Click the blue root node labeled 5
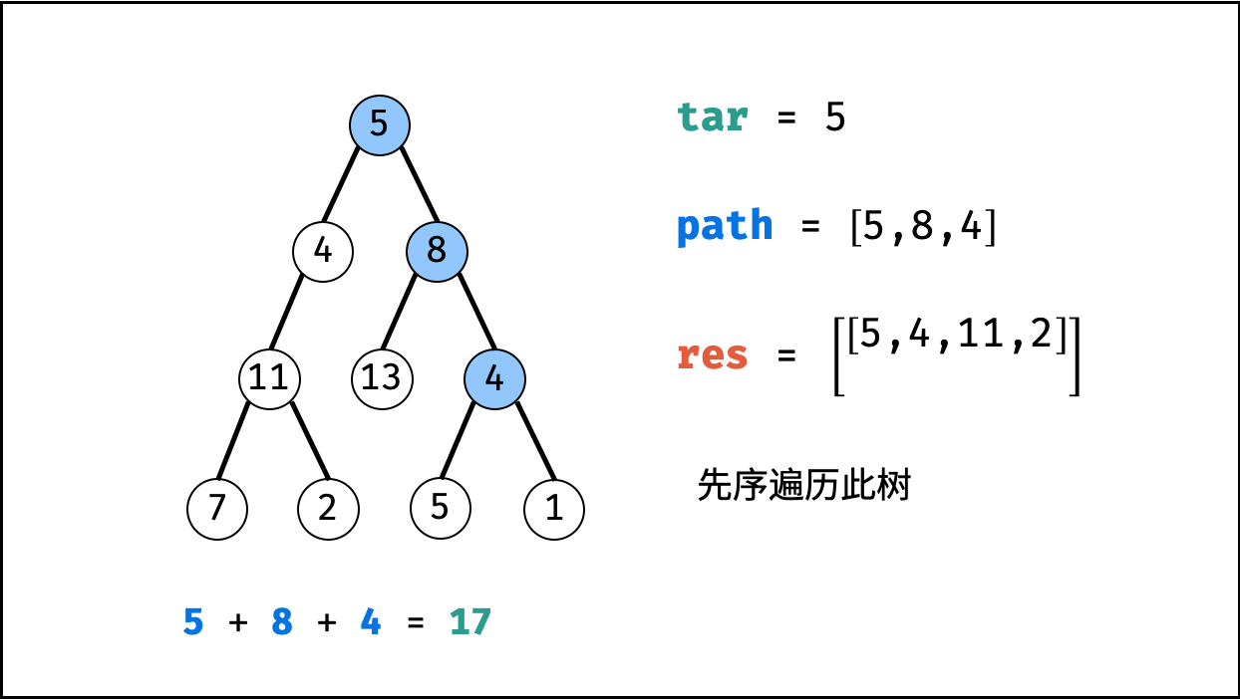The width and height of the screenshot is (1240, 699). (380, 125)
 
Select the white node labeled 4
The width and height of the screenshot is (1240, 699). (323, 250)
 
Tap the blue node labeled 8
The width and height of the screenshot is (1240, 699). (437, 250)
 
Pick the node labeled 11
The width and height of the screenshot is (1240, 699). (269, 378)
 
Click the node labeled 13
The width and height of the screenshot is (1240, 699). (382, 378)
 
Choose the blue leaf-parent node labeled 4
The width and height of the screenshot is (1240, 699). (494, 378)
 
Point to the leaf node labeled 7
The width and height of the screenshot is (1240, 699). (217, 509)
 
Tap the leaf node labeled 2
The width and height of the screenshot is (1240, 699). (328, 509)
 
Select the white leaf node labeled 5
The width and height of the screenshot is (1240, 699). (441, 508)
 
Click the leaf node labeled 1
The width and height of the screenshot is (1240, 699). (554, 509)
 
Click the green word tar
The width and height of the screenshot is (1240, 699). (712, 117)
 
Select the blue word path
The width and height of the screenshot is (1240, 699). (725, 227)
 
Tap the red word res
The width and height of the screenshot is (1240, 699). (712, 355)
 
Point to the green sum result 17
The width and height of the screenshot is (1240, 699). (470, 622)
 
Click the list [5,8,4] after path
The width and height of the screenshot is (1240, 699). (923, 227)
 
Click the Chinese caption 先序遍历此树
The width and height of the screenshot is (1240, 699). (804, 486)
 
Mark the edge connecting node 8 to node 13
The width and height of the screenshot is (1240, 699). (399, 313)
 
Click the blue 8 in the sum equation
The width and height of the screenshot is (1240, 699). (283, 622)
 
